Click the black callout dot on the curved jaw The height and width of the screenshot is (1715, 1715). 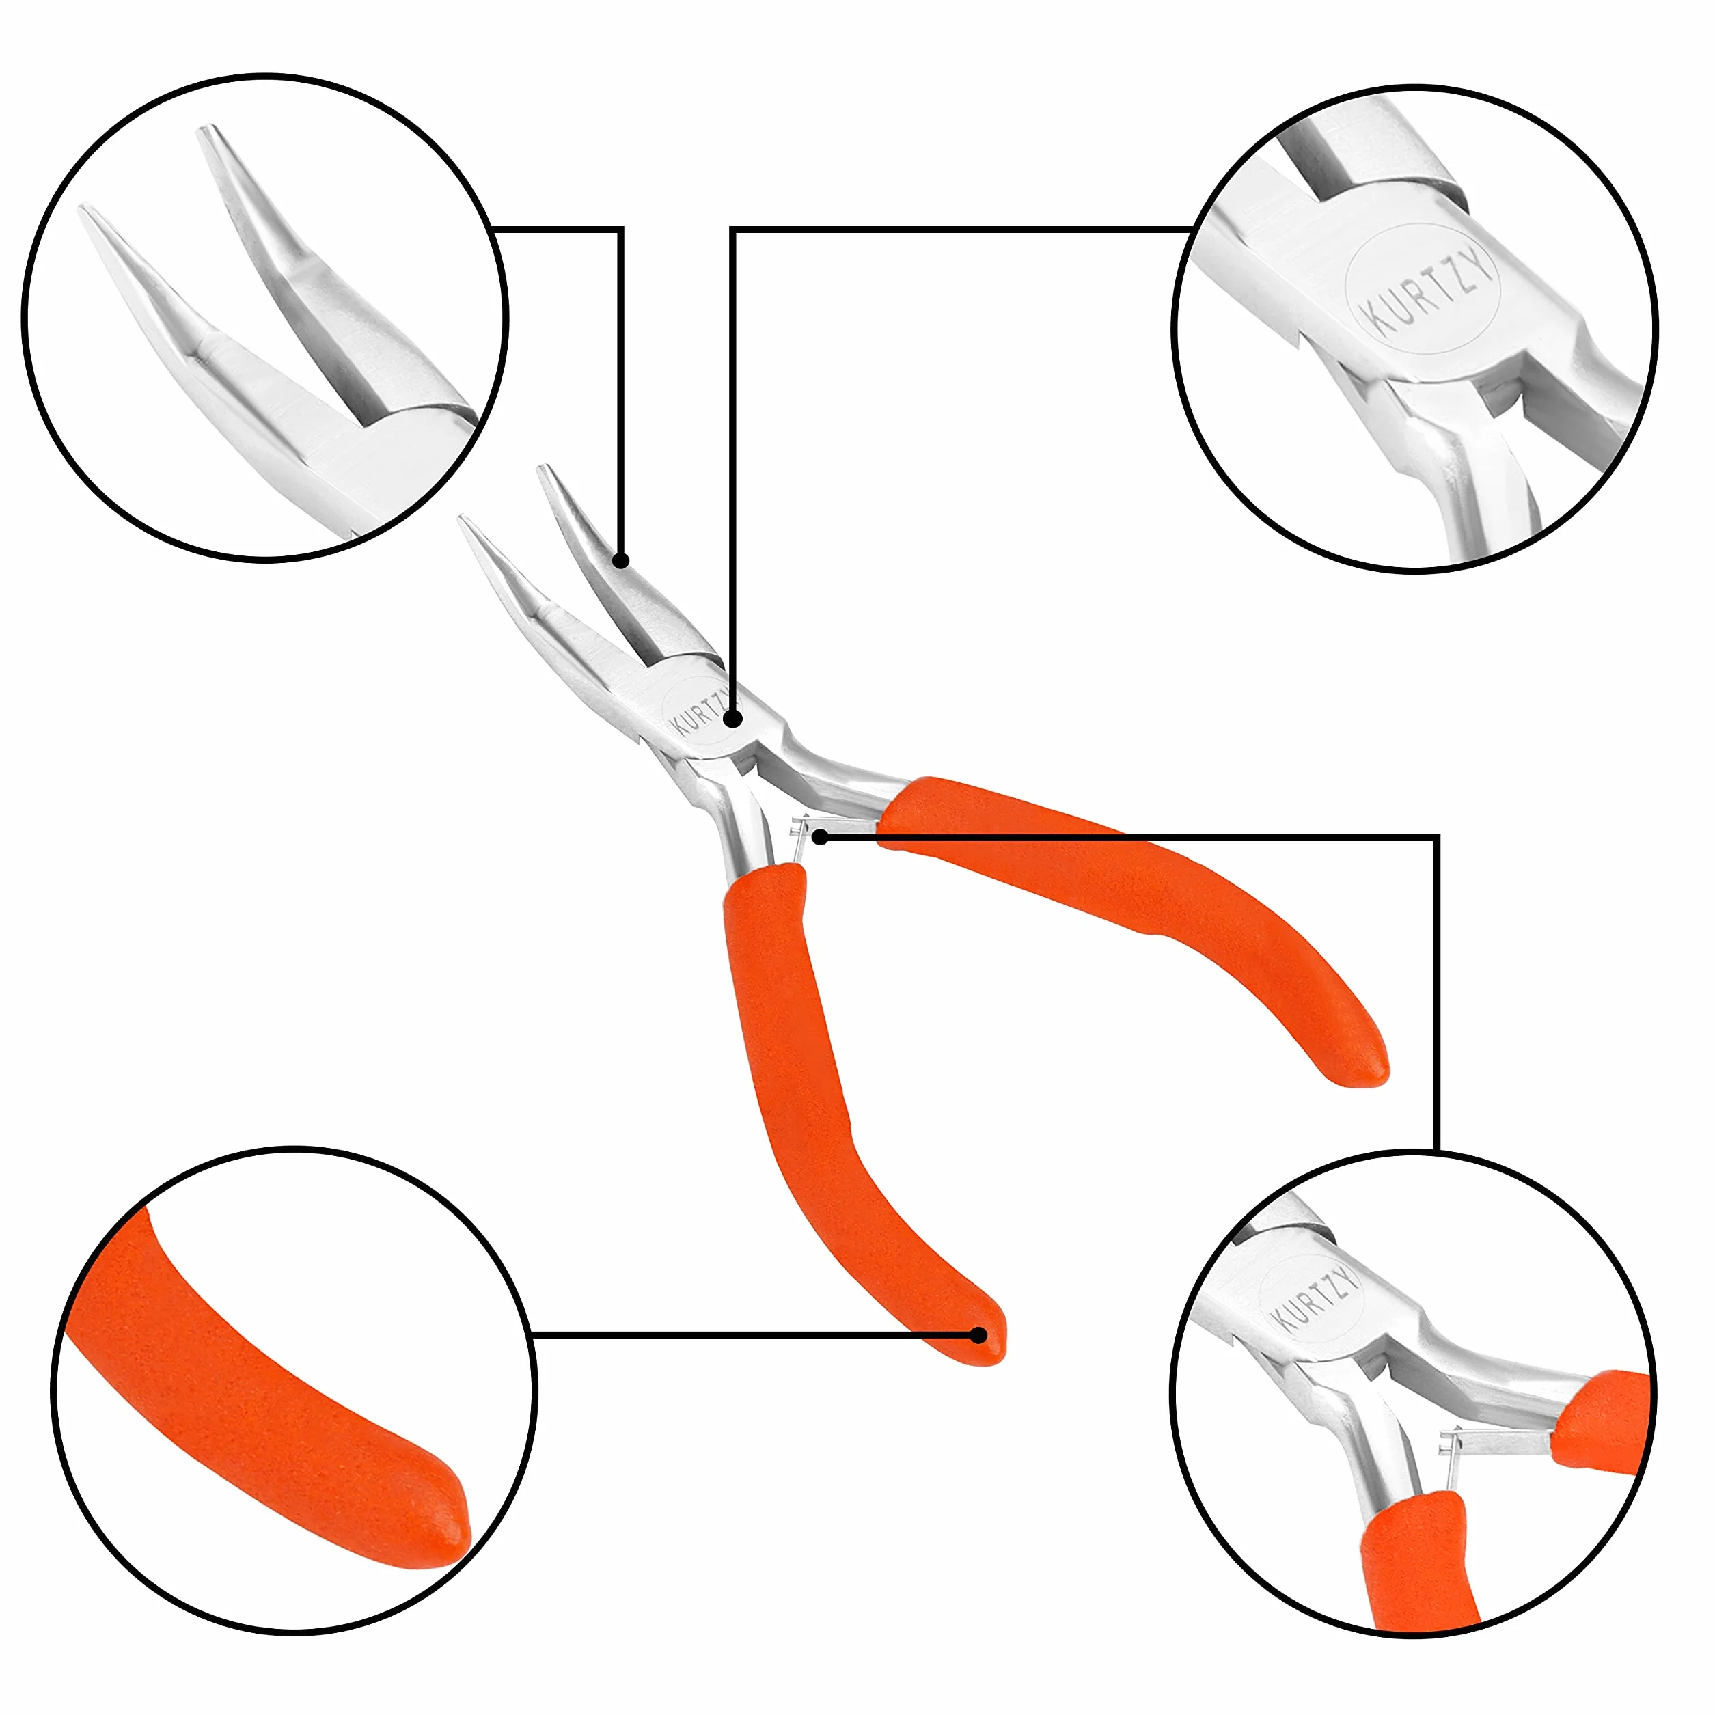pos(621,560)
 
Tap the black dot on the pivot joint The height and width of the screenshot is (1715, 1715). pos(732,718)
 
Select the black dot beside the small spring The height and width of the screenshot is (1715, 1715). pos(821,836)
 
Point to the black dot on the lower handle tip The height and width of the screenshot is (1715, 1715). pos(978,1334)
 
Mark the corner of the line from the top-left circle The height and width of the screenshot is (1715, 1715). pos(620,229)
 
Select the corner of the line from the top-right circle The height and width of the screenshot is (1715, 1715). pos(733,229)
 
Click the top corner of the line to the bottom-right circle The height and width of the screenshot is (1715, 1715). pos(1436,836)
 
